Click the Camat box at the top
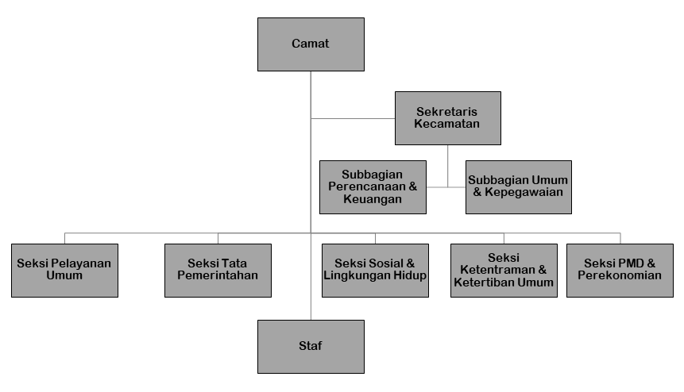point(311,44)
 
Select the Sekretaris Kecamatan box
point(448,118)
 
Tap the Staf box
point(311,347)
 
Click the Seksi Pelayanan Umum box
point(64,271)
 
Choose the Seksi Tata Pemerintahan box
point(218,271)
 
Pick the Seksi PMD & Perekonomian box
point(620,271)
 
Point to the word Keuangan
point(373,199)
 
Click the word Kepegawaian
point(524,192)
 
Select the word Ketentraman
point(497,270)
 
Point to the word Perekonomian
point(620,275)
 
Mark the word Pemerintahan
point(218,275)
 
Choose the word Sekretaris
point(446,112)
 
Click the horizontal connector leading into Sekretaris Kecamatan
point(353,118)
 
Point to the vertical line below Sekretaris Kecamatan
point(447,166)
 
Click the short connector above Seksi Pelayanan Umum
point(64,238)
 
